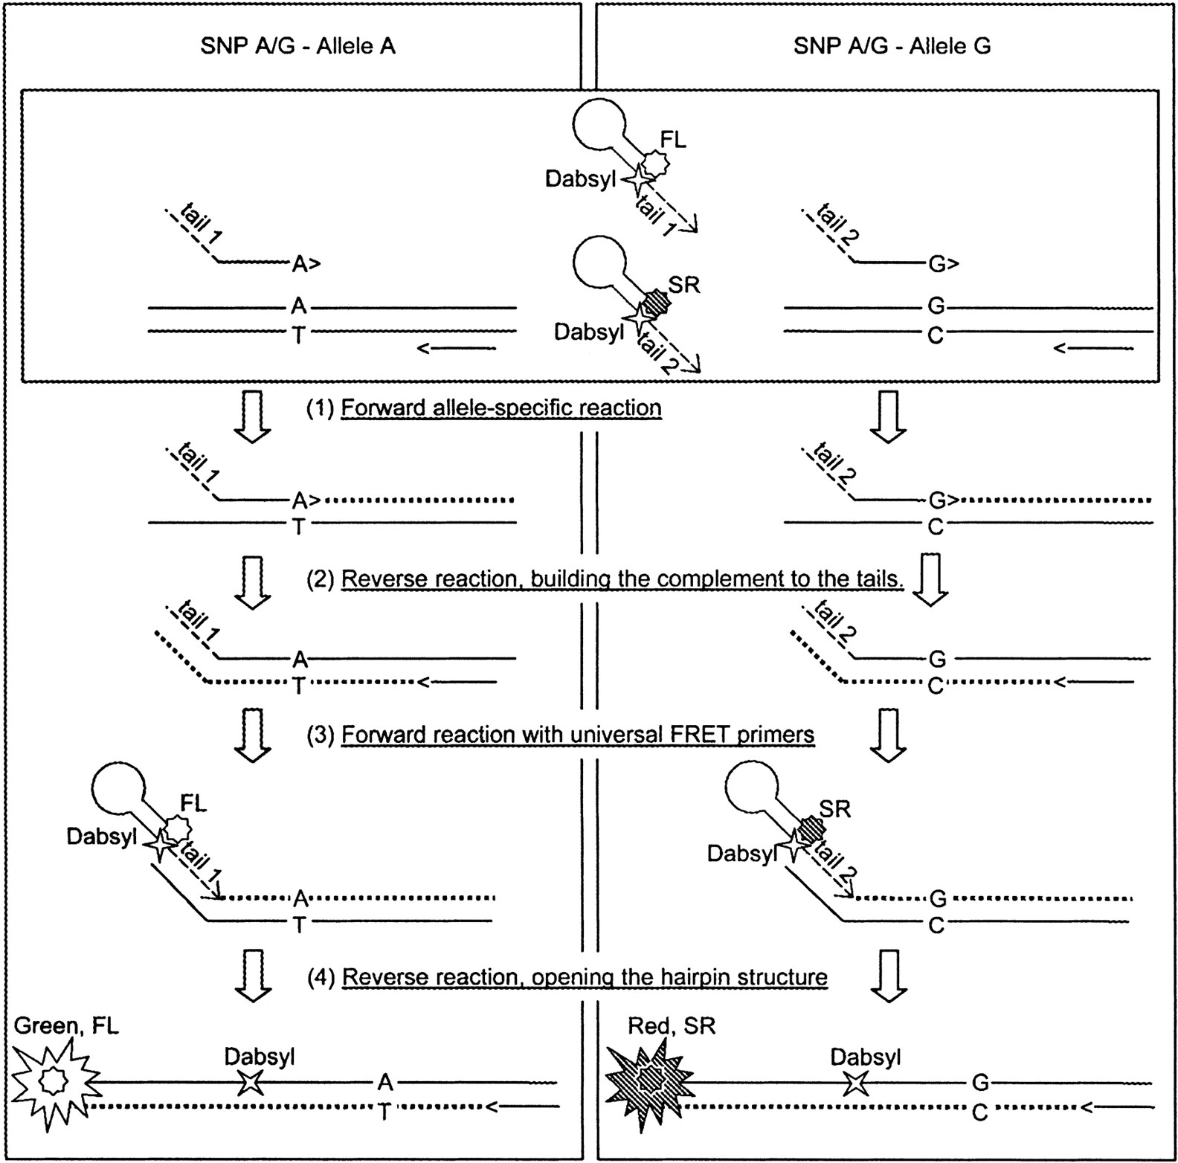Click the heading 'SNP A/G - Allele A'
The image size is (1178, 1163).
click(x=297, y=46)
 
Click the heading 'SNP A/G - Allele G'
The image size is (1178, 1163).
click(x=892, y=46)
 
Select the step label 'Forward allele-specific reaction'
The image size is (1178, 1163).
click(x=501, y=408)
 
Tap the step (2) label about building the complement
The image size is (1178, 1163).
click(x=622, y=579)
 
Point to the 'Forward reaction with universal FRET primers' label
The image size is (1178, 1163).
click(x=578, y=735)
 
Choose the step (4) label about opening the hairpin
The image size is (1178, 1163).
click(x=585, y=976)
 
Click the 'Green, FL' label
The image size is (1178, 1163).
click(x=66, y=1026)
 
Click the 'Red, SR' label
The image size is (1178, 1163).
click(x=672, y=1026)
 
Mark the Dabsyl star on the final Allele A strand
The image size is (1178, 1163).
click(x=251, y=1082)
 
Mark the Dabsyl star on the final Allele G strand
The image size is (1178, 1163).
click(x=857, y=1082)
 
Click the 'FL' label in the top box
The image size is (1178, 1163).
click(x=673, y=140)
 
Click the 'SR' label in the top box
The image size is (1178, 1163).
click(x=684, y=285)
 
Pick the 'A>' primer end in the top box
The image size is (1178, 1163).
click(x=306, y=263)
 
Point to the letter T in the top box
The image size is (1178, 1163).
click(x=298, y=335)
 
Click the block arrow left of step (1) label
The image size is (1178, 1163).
click(x=253, y=416)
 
